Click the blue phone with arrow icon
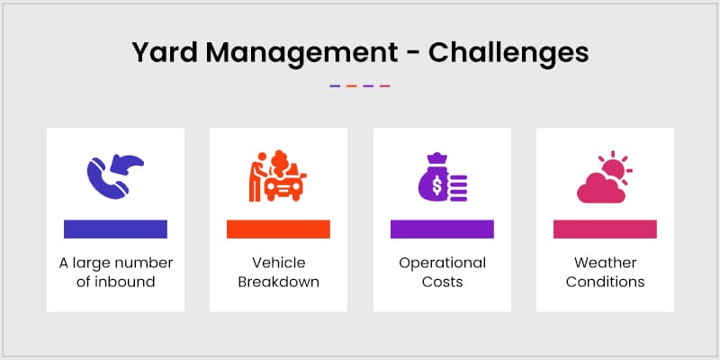pos(114,175)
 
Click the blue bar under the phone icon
pos(115,229)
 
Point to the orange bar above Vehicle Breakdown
pos(278,229)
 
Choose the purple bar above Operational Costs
pos(442,229)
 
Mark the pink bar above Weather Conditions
pos(605,229)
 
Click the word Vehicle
pos(278,263)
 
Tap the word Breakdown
pos(278,282)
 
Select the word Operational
pos(442,263)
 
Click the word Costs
pos(442,282)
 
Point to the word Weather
pos(605,263)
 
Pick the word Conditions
pos(605,282)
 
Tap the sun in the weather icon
pos(615,168)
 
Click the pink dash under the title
pos(385,85)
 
